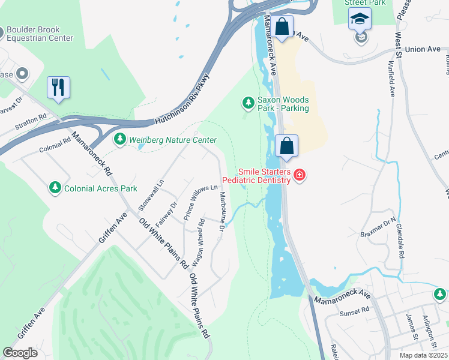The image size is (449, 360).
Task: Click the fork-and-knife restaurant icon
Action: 58,87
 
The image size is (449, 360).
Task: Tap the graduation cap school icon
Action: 360,19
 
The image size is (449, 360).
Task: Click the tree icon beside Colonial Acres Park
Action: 55,188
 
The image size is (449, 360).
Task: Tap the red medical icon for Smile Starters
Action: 299,175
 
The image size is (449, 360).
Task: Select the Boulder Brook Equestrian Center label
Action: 39,33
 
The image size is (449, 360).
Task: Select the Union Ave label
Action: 423,49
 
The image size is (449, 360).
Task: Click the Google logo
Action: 20,353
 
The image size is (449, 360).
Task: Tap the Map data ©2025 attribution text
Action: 423,355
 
